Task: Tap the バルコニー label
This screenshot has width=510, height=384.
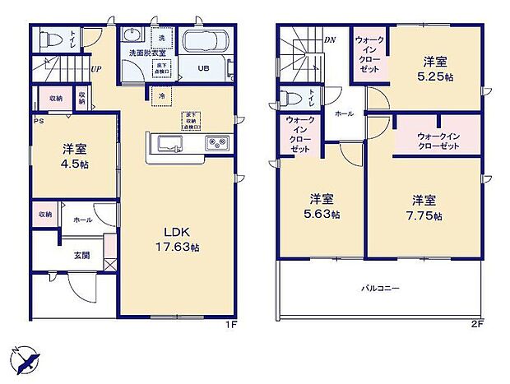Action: tap(378, 289)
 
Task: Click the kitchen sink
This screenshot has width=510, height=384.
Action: tap(168, 144)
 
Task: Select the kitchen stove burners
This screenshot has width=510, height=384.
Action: tap(217, 143)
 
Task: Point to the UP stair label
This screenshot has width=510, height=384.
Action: tap(96, 70)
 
